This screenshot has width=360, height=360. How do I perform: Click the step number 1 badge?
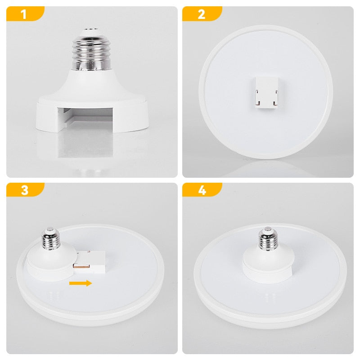point(24,14)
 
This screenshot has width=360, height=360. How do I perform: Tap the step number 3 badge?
point(24,190)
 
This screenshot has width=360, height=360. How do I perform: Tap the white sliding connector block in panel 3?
point(92,263)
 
